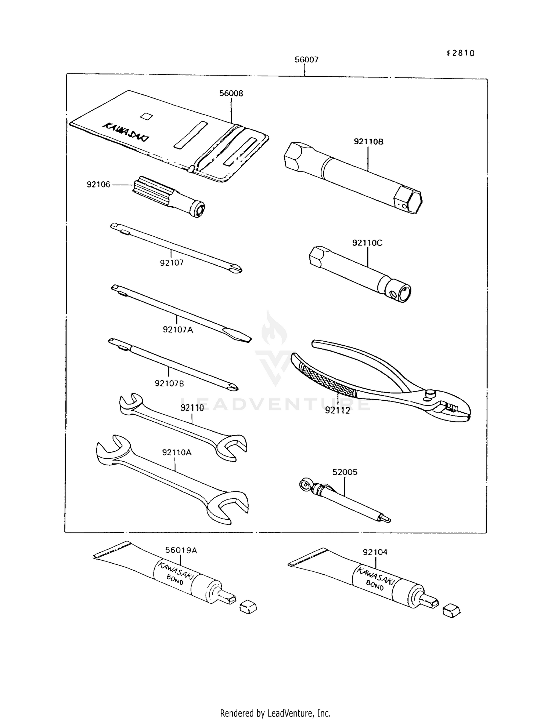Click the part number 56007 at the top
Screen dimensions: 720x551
tap(306, 59)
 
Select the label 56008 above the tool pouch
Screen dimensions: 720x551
tap(231, 93)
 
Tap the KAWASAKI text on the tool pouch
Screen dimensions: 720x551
tap(126, 132)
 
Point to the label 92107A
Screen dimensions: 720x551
tap(178, 330)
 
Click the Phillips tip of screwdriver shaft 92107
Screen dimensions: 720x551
tap(236, 270)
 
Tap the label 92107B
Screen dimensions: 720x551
tap(169, 383)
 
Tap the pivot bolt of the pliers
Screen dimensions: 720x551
tap(429, 394)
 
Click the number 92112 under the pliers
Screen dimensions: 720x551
tap(338, 410)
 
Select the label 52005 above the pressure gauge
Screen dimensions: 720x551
tap(345, 472)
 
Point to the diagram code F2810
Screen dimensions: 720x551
tap(461, 53)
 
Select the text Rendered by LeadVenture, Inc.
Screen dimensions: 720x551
tap(275, 713)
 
